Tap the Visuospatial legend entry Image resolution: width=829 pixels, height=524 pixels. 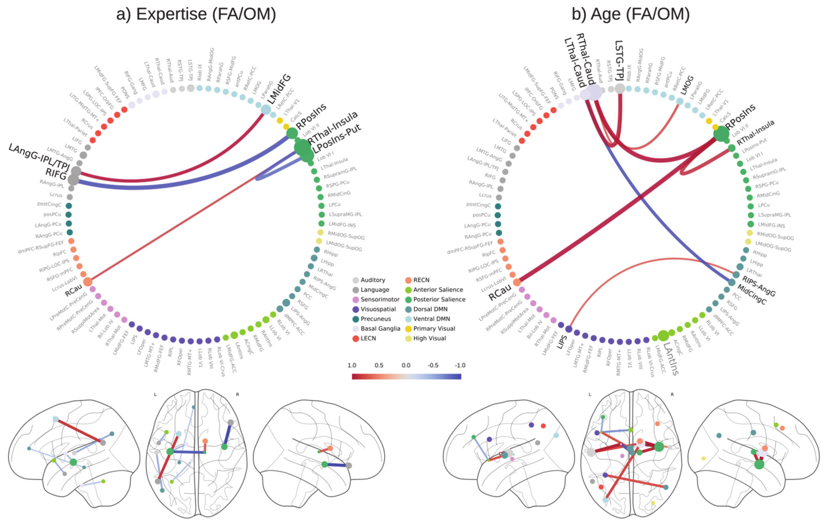pos(378,309)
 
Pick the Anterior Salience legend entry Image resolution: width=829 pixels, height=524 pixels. pos(438,290)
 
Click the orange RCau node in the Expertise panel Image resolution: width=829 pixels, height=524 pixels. pos(88,282)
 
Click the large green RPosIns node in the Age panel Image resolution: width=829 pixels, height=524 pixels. pos(721,134)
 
